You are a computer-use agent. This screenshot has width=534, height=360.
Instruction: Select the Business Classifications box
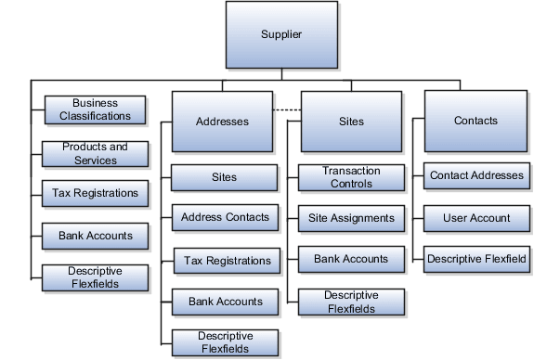tap(96, 109)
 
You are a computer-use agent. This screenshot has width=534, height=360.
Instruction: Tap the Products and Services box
tap(96, 153)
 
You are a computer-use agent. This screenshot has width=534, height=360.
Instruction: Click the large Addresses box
tap(222, 121)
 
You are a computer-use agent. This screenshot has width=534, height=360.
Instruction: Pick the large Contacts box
tap(475, 121)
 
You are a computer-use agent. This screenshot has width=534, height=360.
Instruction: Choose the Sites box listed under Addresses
tap(224, 177)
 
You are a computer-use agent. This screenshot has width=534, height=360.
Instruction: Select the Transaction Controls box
tap(352, 177)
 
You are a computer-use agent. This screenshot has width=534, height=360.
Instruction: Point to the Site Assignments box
tap(352, 219)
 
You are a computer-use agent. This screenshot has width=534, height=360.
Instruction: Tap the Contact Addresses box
tap(477, 174)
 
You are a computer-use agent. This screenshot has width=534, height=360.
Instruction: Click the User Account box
tap(477, 218)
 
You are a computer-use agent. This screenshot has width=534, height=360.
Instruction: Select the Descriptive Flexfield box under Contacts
tap(477, 259)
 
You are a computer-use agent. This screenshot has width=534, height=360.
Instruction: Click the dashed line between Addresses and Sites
tap(286, 110)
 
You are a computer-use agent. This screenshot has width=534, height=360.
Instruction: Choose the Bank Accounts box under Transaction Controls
tap(352, 259)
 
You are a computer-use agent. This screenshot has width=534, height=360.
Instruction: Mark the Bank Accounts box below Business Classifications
tap(96, 236)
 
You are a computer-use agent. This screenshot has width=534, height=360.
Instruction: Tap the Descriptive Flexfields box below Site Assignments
tap(352, 302)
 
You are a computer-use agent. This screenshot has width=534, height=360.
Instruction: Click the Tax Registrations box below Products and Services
tap(96, 194)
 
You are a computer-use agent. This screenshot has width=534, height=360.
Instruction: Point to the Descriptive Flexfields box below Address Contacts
tap(224, 341)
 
